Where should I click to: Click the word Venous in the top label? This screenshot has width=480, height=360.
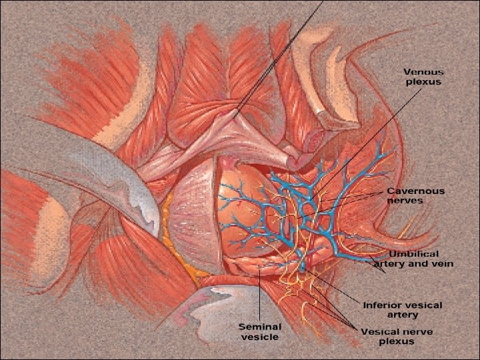424,72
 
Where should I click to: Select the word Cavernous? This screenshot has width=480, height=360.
415,191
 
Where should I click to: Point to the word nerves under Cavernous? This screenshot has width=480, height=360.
405,200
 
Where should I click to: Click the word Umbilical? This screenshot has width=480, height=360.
414,254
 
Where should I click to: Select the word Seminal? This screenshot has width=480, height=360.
260,327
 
